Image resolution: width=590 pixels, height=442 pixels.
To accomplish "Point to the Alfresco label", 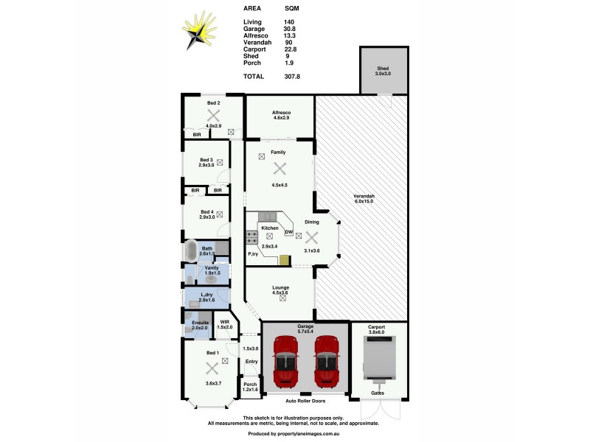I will tap(280, 113).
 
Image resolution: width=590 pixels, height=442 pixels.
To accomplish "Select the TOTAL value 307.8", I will tap(293, 76).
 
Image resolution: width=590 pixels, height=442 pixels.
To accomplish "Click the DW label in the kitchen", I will tap(289, 232).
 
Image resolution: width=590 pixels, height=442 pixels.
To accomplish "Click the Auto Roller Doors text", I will tap(306, 402).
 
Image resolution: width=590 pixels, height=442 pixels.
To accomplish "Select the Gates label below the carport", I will tap(378, 393).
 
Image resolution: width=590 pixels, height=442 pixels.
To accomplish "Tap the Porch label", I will tap(249, 384).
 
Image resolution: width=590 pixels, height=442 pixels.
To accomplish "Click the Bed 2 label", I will tap(213, 103).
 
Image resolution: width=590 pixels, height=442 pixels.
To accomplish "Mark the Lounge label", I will tap(280, 287).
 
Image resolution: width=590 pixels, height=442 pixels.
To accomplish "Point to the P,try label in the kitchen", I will tap(252, 253).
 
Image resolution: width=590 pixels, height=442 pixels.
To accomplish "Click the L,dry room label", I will tap(206, 295).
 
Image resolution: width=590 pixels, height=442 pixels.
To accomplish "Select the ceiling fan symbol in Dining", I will tap(311, 237).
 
